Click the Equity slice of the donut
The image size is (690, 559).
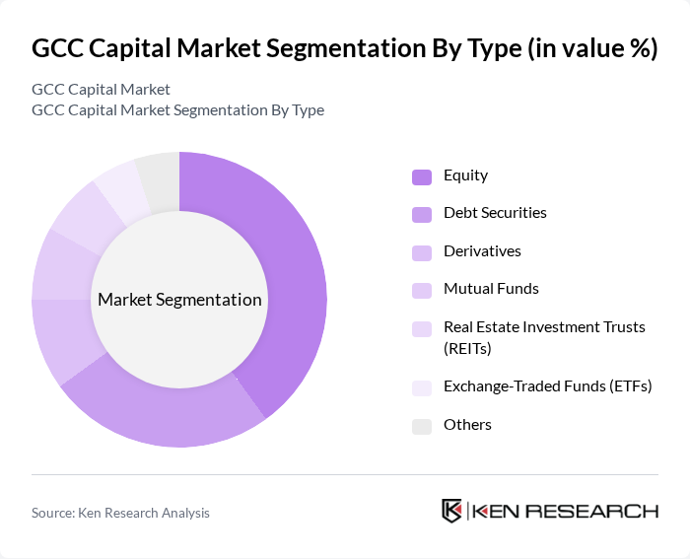[x=286, y=276]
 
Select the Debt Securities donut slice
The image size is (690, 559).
[x=168, y=414]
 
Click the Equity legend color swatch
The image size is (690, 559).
[x=422, y=176]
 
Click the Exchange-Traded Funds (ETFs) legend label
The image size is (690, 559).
[x=548, y=385]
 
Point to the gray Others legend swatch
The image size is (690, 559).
[x=422, y=426]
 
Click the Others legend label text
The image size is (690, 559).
[x=467, y=425]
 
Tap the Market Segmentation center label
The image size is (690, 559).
[x=179, y=300]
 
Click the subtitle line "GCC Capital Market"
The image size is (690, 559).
[x=101, y=90]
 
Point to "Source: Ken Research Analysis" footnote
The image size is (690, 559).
[x=120, y=513]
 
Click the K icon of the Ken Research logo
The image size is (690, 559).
[x=452, y=511]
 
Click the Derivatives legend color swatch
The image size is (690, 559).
[x=422, y=252]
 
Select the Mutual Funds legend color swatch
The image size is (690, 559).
[x=422, y=290]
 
